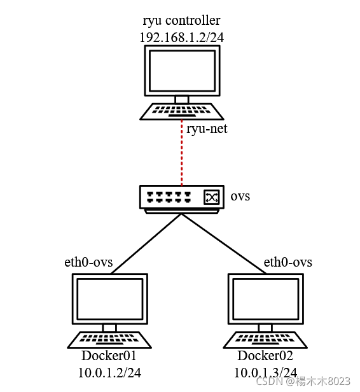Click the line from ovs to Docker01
click(x=146, y=244)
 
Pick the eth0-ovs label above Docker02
click(x=287, y=262)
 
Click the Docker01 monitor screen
click(x=109, y=298)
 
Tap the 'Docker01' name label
click(x=109, y=356)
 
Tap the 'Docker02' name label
click(x=266, y=356)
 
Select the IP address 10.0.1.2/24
click(x=109, y=372)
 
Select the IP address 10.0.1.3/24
click(x=266, y=372)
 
